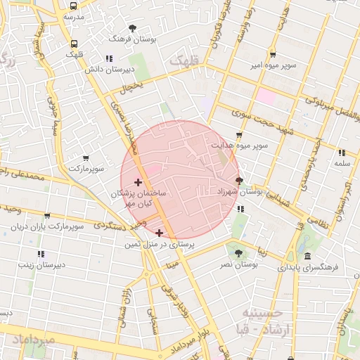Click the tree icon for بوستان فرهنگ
[132, 28]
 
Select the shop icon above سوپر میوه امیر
[272, 55]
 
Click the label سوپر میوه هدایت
[242, 146]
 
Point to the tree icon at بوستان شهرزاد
[239, 180]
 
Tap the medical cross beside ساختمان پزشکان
[138, 183]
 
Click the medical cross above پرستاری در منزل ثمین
[160, 233]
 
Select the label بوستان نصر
[238, 264]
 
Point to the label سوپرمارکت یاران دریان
[47, 226]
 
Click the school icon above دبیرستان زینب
[41, 254]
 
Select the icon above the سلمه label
[342, 153]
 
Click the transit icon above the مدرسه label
[73, 4]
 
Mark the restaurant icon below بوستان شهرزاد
[240, 209]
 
